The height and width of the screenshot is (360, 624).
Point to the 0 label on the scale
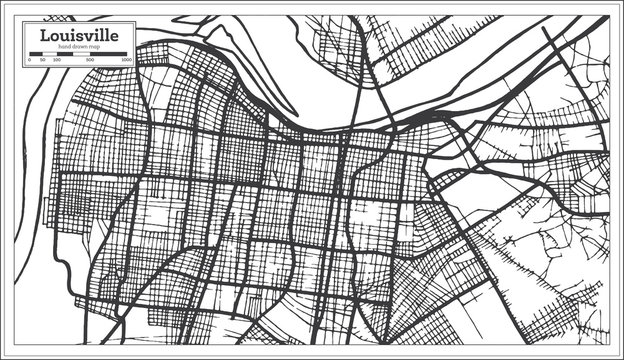click(x=29, y=60)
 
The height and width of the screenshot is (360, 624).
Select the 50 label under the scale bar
click(x=42, y=60)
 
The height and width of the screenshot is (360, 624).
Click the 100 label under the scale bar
click(x=56, y=60)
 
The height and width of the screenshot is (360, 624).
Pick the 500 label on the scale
click(x=90, y=60)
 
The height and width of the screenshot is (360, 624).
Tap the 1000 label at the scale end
click(x=127, y=60)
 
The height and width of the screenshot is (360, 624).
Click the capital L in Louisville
click(x=43, y=35)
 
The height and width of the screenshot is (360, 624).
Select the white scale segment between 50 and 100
click(x=49, y=54)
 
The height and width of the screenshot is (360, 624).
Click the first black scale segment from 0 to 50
click(x=35, y=54)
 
